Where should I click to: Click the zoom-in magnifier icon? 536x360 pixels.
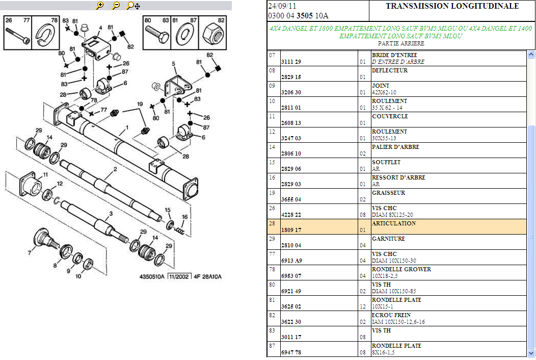click(x=99, y=6)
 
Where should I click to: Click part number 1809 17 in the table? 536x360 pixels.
click(x=291, y=230)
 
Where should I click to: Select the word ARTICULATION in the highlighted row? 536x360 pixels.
click(x=393, y=223)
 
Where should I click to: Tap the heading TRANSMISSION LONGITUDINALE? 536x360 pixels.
click(x=452, y=6)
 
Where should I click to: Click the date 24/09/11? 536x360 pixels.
click(x=282, y=6)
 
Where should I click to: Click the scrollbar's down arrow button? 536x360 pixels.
click(x=531, y=352)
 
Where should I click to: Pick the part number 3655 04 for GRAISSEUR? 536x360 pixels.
click(x=291, y=199)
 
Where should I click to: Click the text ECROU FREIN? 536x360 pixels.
click(x=391, y=315)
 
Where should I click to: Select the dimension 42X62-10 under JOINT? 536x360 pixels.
click(x=384, y=92)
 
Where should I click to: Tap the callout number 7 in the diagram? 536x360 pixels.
click(x=29, y=252)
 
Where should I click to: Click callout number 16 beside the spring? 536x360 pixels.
click(x=184, y=217)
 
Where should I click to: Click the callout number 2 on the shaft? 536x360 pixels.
click(x=115, y=169)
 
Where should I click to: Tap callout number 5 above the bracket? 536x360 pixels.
click(x=173, y=65)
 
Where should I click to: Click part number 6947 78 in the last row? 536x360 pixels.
click(x=291, y=352)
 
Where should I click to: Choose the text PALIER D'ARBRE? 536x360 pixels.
click(x=395, y=147)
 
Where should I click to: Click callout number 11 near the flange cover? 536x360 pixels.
click(x=45, y=175)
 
